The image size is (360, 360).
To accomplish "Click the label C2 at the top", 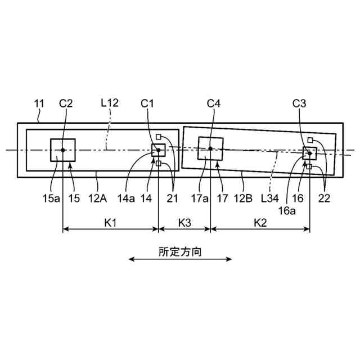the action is [x=66, y=103].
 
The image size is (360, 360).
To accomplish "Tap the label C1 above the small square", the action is [x=147, y=103].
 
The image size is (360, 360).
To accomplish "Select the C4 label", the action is [x=214, y=103].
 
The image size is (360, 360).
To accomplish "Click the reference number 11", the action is [x=39, y=103].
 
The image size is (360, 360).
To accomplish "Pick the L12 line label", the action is [x=109, y=103].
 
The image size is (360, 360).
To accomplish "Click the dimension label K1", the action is [x=110, y=223].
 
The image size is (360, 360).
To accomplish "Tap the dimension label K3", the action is [x=184, y=223].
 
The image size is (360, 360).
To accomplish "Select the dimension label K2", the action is [x=259, y=223].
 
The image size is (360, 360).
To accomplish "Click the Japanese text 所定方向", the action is [x=180, y=253].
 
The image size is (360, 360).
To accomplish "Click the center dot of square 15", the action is [x=63, y=150].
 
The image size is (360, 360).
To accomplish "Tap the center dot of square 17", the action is [x=210, y=148].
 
